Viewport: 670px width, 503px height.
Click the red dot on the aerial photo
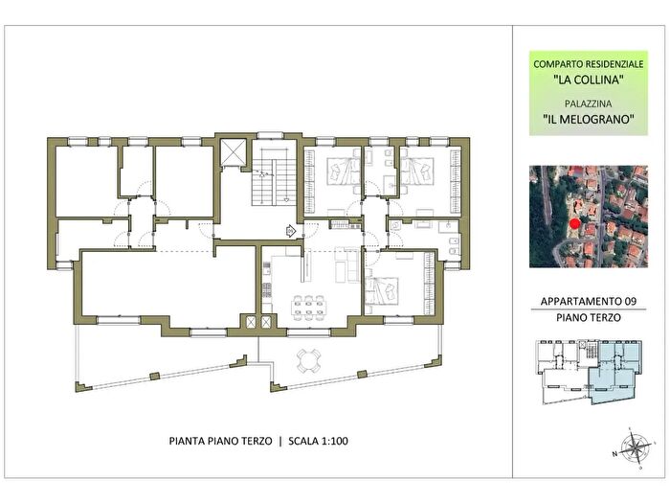click(574, 224)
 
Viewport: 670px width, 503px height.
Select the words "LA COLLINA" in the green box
click(588, 80)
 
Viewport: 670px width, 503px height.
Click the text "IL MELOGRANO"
click(588, 119)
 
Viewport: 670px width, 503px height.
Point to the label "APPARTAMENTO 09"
click(588, 301)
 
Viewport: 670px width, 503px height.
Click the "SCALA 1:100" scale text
click(318, 441)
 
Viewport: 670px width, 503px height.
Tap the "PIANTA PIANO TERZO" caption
click(220, 441)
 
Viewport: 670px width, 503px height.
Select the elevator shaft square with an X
click(233, 151)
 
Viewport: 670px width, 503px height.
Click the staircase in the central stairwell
click(274, 176)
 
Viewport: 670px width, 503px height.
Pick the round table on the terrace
click(308, 360)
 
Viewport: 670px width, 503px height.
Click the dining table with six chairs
click(309, 307)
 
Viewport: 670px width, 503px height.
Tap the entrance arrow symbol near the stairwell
click(291, 232)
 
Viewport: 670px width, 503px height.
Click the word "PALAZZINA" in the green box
click(588, 103)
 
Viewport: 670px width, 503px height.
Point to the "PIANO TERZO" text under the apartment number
click(588, 317)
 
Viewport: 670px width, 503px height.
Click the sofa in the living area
click(346, 265)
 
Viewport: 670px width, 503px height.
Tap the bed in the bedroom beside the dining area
click(382, 291)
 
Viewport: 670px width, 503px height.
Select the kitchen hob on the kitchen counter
click(267, 290)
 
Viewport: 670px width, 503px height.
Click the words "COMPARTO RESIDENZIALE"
click(589, 64)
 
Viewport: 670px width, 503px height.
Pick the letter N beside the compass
click(614, 454)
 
